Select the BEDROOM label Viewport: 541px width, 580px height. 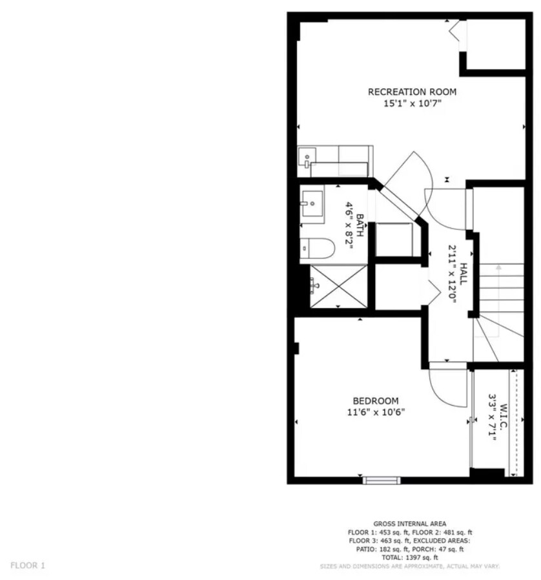pyautogui.click(x=375, y=400)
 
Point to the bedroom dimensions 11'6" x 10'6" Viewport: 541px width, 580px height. pyautogui.click(x=375, y=412)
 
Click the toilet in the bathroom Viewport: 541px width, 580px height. pyautogui.click(x=316, y=249)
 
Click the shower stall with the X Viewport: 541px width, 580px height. pyautogui.click(x=338, y=286)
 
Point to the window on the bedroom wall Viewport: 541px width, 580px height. pyautogui.click(x=381, y=480)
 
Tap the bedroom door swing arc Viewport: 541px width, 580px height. pyautogui.click(x=447, y=388)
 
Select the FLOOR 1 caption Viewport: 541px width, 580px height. pyautogui.click(x=28, y=565)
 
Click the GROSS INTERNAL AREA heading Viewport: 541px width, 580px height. pyautogui.click(x=409, y=523)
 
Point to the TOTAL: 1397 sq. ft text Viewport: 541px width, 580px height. pyautogui.click(x=410, y=557)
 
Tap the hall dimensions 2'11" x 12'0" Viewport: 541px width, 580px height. pyautogui.click(x=453, y=275)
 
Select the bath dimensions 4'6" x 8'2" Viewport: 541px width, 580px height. pyautogui.click(x=349, y=225)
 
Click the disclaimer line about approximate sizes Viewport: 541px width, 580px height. pyautogui.click(x=410, y=566)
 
